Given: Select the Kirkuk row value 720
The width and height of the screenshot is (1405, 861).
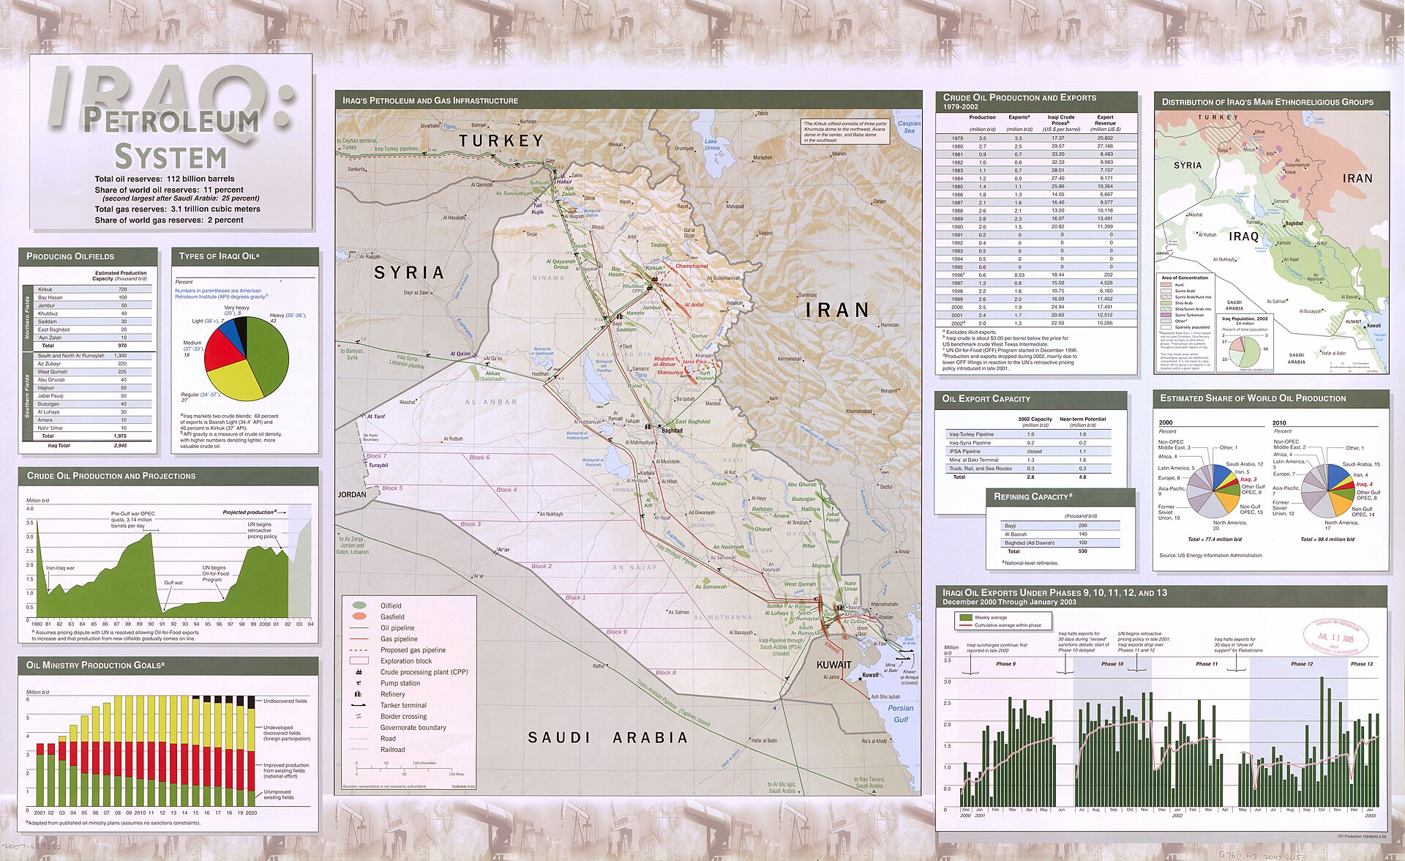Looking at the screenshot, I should (x=123, y=289).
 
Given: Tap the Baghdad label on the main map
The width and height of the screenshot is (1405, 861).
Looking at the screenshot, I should (x=672, y=430).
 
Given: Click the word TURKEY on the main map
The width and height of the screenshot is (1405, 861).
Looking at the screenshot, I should (x=501, y=141).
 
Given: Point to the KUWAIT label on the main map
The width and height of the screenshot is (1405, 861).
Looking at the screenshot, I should (x=833, y=665).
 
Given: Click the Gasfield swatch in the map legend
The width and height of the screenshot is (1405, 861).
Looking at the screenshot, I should (x=359, y=616).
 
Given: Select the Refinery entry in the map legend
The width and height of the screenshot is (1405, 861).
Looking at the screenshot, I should (x=392, y=694).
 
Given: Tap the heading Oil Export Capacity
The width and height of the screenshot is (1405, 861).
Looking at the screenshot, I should (x=986, y=399).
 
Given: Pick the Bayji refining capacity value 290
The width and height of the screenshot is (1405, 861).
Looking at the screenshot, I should (x=1083, y=526).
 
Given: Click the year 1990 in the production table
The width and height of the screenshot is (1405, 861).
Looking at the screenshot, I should (x=957, y=227).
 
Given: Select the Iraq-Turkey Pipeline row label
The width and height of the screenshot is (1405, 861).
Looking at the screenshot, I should (x=971, y=434).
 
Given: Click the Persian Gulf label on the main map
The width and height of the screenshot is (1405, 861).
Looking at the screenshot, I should (x=900, y=713).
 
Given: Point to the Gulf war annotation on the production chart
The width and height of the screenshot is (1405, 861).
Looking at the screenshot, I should (x=173, y=583).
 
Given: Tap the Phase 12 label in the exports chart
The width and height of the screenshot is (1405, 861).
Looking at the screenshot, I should (x=1302, y=664).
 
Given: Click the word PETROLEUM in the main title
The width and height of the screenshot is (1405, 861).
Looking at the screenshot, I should (x=171, y=121).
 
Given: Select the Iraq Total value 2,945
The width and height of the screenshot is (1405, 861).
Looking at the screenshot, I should (x=120, y=445).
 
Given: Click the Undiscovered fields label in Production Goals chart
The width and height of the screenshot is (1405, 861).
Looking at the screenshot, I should (x=285, y=701).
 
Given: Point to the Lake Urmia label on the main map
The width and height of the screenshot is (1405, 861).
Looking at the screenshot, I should (x=711, y=144).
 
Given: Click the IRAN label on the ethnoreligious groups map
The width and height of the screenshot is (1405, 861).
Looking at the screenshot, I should (x=1357, y=179).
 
